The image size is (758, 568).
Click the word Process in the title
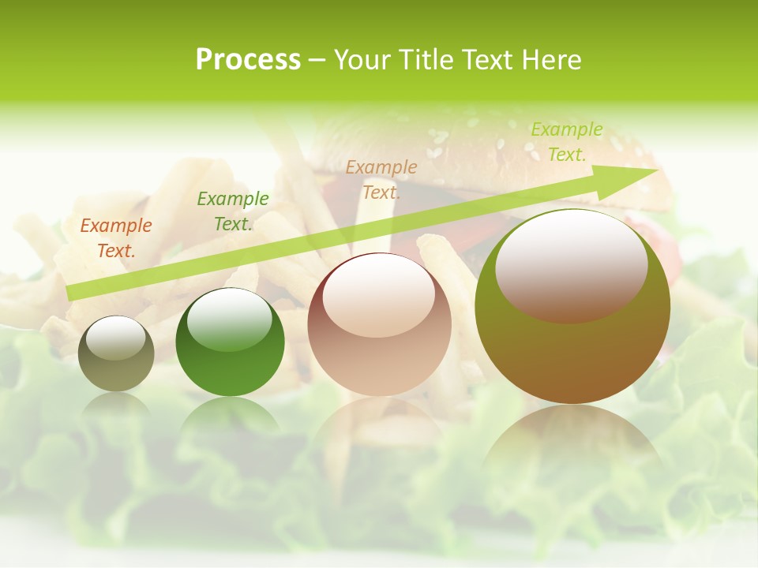(x=248, y=60)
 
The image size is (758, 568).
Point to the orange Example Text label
(x=116, y=238)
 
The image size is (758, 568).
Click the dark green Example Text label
(x=233, y=211)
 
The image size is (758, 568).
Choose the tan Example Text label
(x=381, y=179)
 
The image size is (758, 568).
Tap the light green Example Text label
(x=567, y=142)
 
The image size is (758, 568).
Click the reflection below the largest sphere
(x=572, y=442)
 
